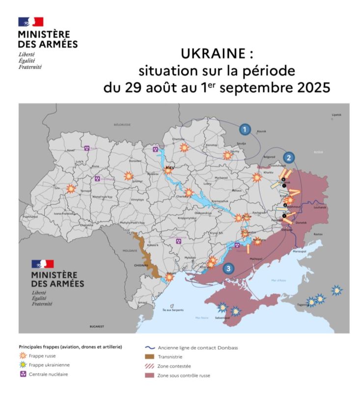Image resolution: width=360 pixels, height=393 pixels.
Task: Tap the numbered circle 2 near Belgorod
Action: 289,158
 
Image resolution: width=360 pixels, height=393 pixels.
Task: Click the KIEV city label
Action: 170,168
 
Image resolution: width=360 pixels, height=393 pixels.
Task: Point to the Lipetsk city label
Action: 336,114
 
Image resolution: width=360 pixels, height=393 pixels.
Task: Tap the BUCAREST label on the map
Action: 97,327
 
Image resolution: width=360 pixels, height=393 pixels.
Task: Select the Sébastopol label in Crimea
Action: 222,318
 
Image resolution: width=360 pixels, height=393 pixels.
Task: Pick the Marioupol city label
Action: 300,252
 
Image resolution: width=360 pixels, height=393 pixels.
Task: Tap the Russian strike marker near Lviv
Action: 71,188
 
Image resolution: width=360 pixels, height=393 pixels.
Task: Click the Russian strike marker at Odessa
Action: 169,278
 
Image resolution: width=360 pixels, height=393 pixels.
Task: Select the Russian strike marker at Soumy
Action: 227,155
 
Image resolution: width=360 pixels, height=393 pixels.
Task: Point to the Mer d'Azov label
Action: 278,280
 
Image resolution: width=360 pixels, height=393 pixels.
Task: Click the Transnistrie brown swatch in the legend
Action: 150,357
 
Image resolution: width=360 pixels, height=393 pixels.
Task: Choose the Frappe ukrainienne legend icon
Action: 22,365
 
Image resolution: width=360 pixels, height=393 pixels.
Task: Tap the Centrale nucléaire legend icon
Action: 22,374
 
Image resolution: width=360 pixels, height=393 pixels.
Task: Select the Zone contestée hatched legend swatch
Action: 150,366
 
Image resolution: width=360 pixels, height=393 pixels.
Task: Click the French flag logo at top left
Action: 30,22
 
